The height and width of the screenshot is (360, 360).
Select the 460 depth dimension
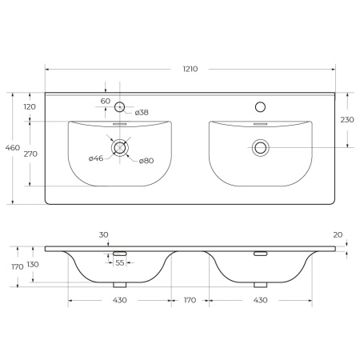(x=12, y=148)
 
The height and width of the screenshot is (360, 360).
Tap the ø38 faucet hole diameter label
(x=141, y=113)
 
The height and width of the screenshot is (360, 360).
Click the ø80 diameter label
(x=146, y=161)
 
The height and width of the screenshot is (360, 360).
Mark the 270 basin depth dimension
(x=30, y=153)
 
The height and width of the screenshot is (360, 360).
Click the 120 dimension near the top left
(x=30, y=106)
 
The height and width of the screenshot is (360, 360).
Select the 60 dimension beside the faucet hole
(x=106, y=101)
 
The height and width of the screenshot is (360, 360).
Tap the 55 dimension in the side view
(x=119, y=263)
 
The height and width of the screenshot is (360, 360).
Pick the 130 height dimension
(x=32, y=264)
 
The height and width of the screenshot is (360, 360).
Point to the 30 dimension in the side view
(x=104, y=234)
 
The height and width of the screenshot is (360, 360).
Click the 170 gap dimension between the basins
(x=189, y=300)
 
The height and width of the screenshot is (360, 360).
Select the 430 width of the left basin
(x=118, y=300)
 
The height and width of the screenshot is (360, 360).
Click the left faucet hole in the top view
(x=119, y=106)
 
